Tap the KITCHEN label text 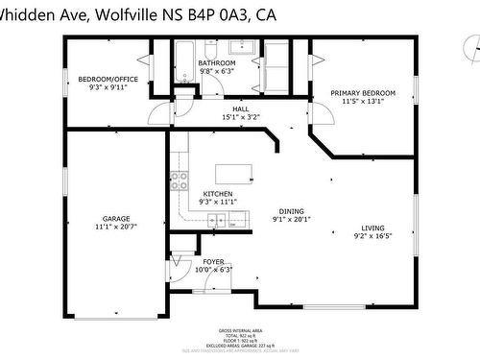(218, 193)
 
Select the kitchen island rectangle (234, 174)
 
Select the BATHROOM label (217, 62)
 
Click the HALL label (240, 108)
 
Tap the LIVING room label (372, 228)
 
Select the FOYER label (213, 261)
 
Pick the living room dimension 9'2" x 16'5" (372, 236)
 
